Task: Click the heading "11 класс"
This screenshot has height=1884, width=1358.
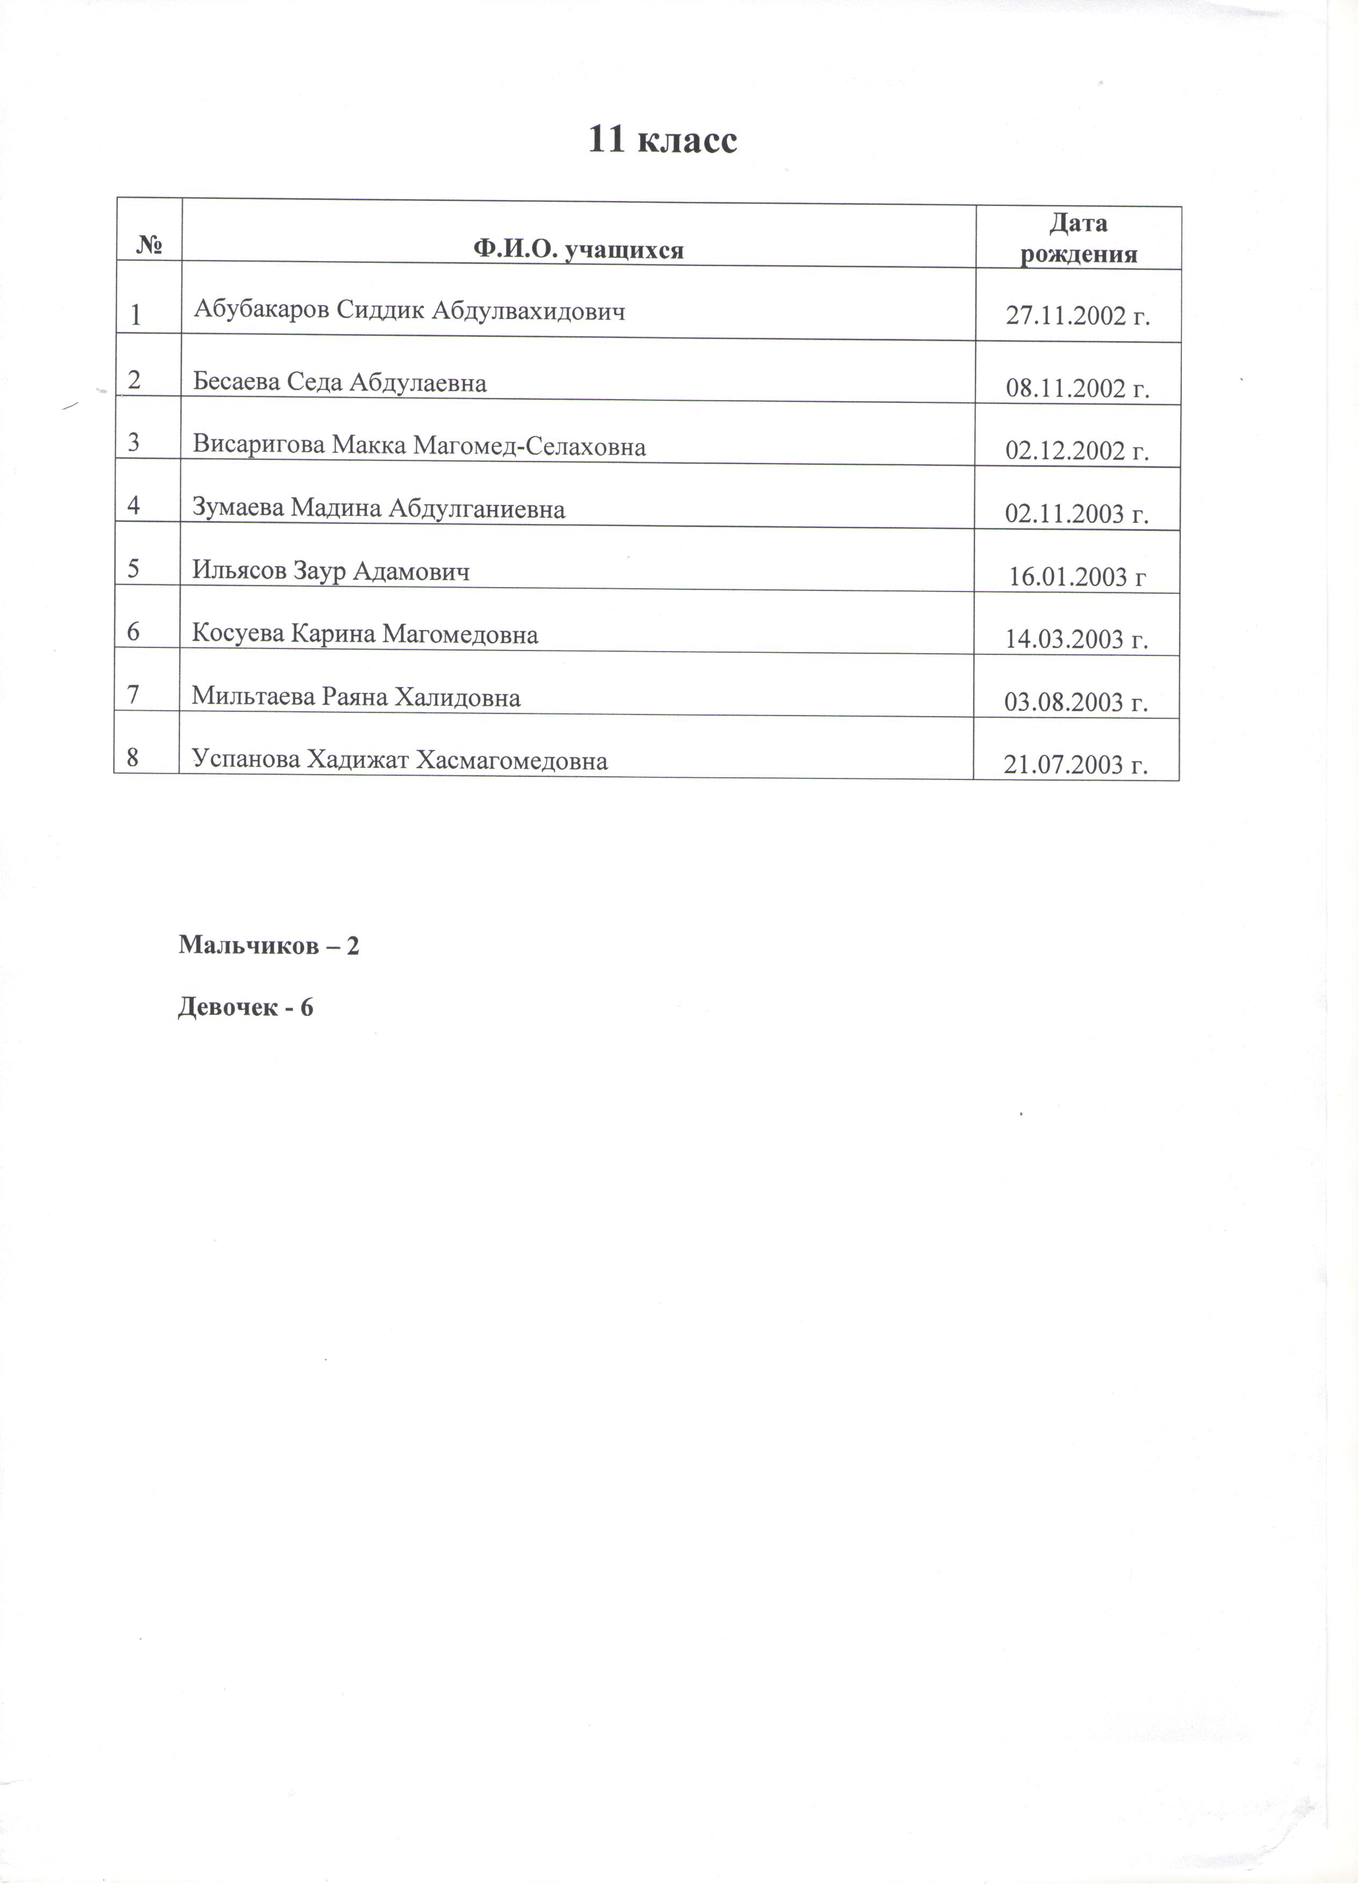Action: [x=662, y=140]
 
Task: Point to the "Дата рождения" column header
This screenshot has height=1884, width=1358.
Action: [x=1078, y=239]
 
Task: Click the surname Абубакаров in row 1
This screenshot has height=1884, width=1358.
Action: [x=262, y=309]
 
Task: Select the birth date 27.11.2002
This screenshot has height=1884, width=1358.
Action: [x=1077, y=316]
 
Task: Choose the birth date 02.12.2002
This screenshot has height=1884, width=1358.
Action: [x=1077, y=451]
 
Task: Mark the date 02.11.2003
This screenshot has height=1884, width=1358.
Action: [x=1077, y=514]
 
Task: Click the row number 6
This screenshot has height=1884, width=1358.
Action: [x=134, y=632]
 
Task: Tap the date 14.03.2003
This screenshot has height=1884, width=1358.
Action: [x=1077, y=640]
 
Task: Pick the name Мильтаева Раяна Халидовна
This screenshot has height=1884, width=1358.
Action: [x=356, y=696]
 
